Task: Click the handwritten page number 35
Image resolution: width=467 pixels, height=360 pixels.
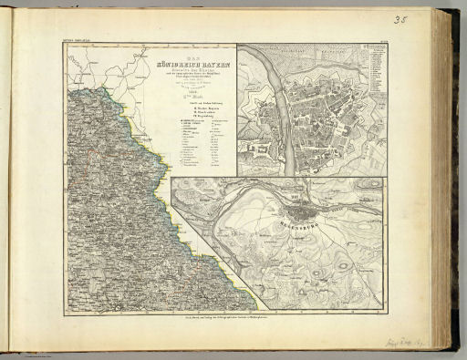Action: click(x=400, y=19)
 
